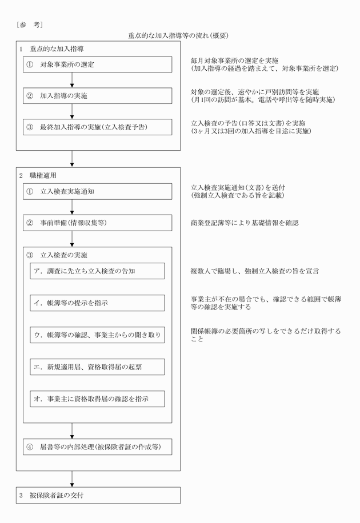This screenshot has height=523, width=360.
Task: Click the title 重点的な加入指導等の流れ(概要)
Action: coord(178,35)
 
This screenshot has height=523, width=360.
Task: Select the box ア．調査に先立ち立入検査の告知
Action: coord(97,271)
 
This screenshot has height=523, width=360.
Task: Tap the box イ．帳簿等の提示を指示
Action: coord(97,303)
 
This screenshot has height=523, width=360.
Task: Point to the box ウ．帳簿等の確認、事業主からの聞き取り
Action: coord(97,335)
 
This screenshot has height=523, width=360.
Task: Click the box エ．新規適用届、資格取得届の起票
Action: coord(97,367)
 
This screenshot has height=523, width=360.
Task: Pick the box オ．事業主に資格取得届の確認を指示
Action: coord(97,399)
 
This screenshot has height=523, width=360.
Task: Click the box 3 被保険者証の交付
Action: coord(98,495)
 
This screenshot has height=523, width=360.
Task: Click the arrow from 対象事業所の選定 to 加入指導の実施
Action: coord(72,80)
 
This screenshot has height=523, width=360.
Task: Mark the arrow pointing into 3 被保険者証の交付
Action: coord(72,478)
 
